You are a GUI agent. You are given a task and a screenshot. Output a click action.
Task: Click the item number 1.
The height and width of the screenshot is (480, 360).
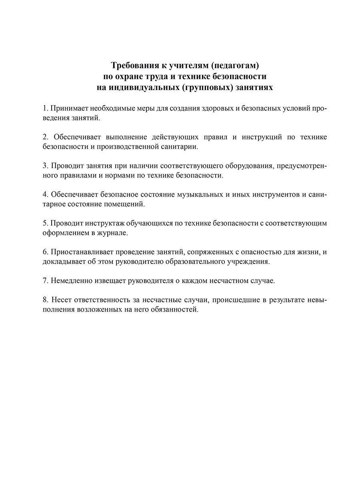click(45, 108)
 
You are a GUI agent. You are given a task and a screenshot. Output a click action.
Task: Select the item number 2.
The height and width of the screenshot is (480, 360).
click(45, 137)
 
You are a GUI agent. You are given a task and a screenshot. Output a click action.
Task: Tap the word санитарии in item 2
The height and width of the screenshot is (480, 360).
click(179, 147)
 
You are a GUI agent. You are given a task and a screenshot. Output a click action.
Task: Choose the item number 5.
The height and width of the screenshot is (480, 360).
click(45, 223)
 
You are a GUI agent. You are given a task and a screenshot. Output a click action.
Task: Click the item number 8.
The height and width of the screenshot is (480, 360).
click(45, 300)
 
